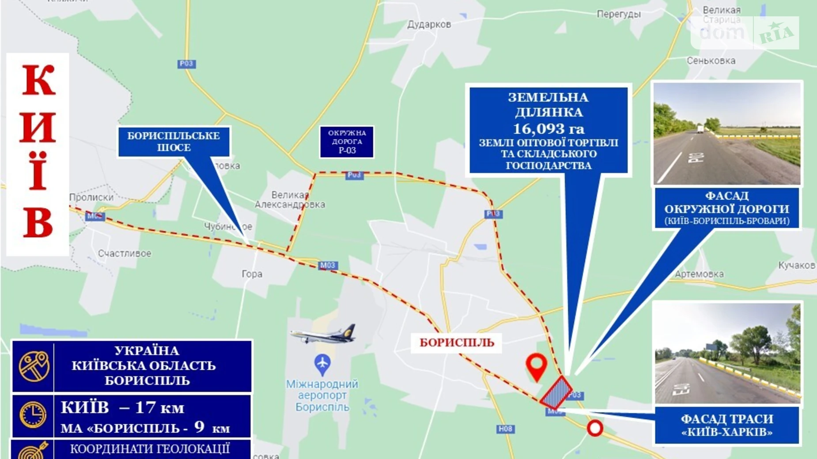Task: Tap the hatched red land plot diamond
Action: [x=556, y=392]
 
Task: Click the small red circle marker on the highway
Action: [x=595, y=428]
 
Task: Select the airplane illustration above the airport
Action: [x=324, y=334]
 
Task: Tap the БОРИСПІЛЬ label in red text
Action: [x=457, y=343]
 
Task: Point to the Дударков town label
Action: [x=429, y=25]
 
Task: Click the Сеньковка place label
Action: [x=711, y=61]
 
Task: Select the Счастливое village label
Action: [x=125, y=253]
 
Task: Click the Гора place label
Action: [x=252, y=274]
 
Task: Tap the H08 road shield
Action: [x=505, y=429]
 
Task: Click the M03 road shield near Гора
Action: [x=328, y=265]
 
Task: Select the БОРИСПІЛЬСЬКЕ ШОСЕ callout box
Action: [x=174, y=142]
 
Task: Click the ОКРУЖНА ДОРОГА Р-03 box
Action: [x=347, y=142]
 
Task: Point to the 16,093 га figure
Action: [x=548, y=129]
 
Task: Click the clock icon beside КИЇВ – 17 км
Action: [x=33, y=415]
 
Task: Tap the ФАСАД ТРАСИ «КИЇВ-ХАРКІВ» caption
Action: [x=726, y=425]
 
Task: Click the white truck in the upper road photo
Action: [x=700, y=129]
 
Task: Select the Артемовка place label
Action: [x=699, y=274]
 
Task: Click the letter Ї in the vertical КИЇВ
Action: [x=38, y=172]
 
